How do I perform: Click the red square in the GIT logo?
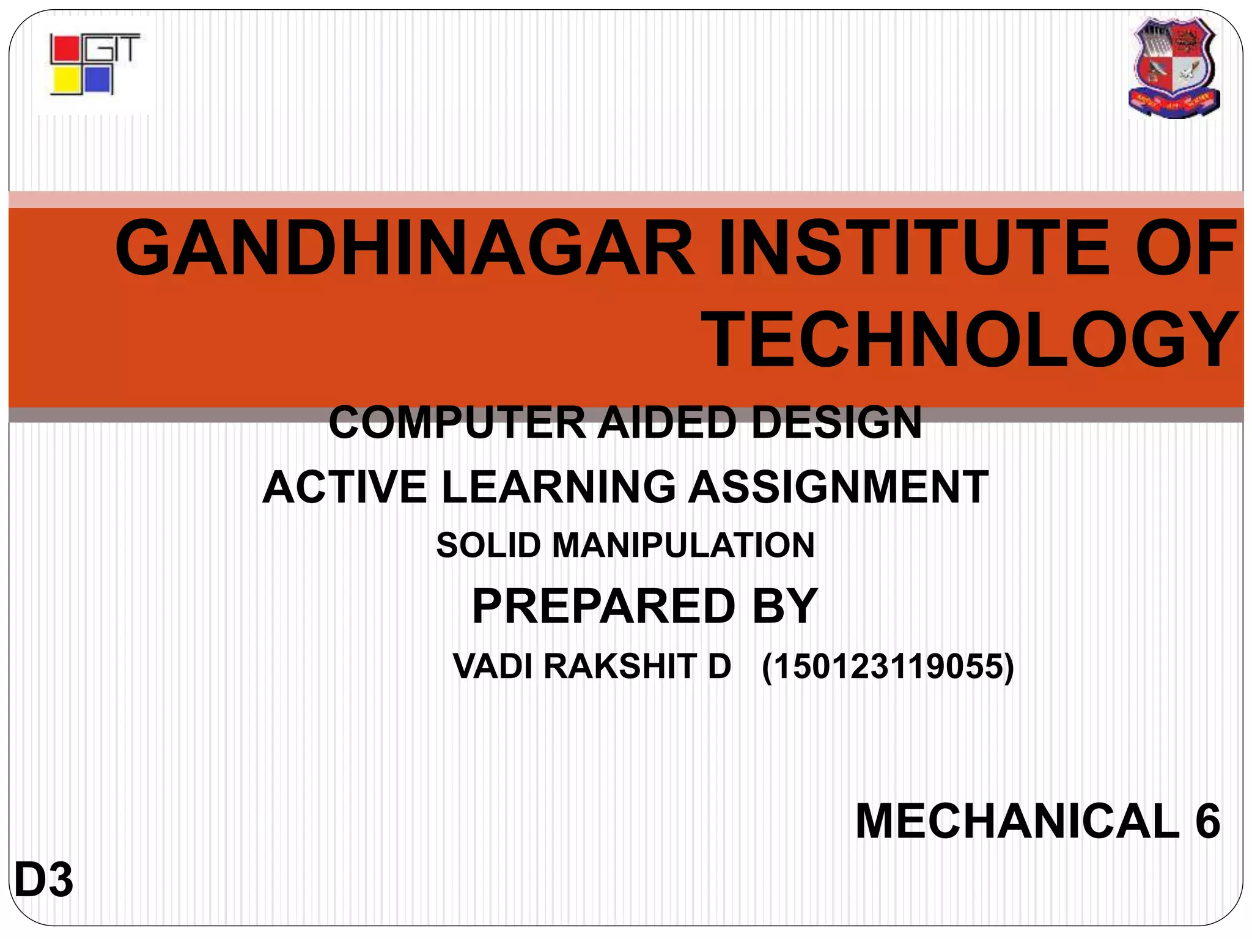click(65, 50)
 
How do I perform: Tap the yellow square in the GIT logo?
click(65, 80)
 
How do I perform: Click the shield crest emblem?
click(1173, 67)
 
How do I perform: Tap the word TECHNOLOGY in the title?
click(971, 340)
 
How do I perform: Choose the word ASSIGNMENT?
click(838, 487)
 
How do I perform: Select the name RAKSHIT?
click(620, 666)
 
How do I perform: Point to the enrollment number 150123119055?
click(887, 666)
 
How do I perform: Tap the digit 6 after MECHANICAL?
click(1207, 821)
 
